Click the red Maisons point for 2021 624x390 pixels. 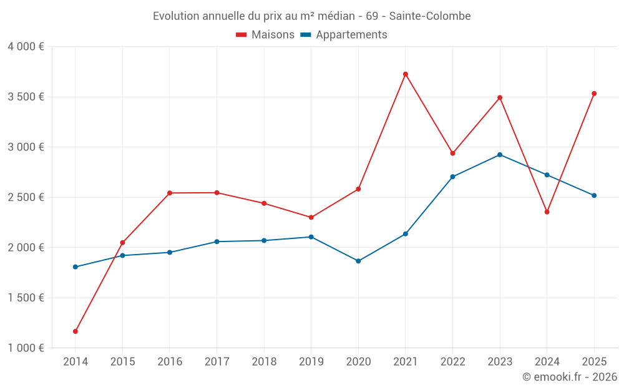click(406, 74)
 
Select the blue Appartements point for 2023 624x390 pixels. click(500, 155)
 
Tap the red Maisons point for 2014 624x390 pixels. click(75, 331)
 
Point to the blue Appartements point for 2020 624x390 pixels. click(358, 261)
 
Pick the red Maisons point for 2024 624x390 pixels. click(547, 212)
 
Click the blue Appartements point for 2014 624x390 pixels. click(75, 267)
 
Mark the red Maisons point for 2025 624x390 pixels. click(594, 94)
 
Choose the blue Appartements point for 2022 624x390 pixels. click(452, 177)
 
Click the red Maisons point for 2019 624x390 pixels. click(311, 218)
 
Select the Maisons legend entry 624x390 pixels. click(265, 35)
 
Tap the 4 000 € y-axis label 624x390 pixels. click(26, 47)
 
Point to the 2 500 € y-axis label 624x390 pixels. click(26, 197)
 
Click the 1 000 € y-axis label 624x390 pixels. click(26, 348)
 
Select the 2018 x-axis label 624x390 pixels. click(264, 362)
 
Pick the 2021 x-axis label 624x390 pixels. click(406, 362)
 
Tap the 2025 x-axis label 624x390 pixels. click(594, 362)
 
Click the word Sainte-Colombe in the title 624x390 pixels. click(431, 16)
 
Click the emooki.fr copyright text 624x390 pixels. click(570, 377)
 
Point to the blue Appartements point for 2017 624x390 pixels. click(217, 241)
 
